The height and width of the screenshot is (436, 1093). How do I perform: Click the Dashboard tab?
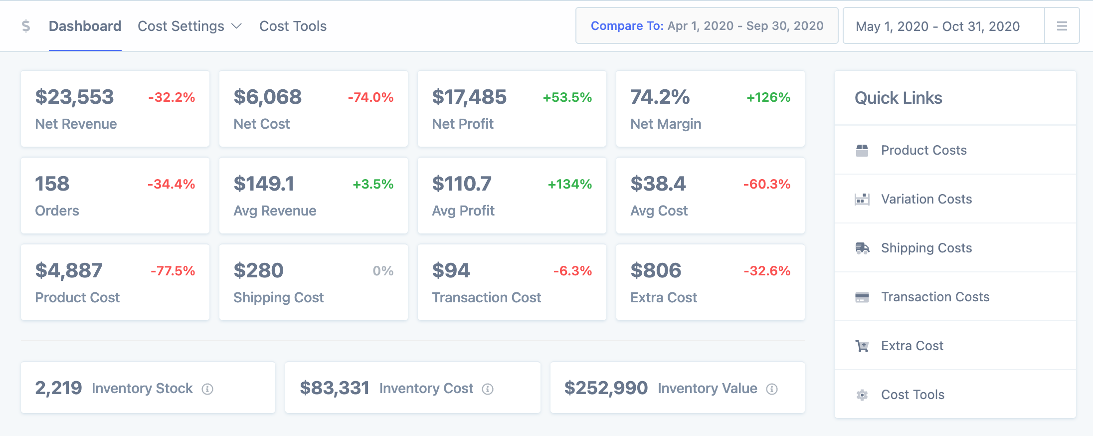coord(85,26)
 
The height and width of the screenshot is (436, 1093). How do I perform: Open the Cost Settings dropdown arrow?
coord(237,26)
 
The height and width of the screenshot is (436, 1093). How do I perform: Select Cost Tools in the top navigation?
coord(293,26)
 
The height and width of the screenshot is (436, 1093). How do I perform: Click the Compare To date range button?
coord(707,26)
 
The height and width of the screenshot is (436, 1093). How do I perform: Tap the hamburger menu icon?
coord(1062,26)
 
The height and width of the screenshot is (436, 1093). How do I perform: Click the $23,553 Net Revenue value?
coord(74,97)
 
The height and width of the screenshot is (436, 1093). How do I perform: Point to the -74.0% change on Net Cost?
coord(370,97)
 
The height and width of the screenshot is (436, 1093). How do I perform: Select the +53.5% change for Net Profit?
coord(567,97)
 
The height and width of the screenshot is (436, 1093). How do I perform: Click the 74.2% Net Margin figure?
coord(660,97)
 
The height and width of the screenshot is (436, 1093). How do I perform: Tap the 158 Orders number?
coord(52,184)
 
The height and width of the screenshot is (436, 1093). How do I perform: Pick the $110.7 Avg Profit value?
coord(462,184)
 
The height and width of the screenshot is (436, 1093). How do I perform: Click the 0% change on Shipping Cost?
coord(383,271)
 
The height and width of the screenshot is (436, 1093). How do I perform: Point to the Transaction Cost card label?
coord(486,297)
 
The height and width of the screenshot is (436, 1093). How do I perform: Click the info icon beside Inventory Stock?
coord(207,389)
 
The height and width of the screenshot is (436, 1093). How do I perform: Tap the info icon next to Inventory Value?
coord(772,389)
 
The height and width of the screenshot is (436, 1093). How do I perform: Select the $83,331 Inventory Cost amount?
coord(335,388)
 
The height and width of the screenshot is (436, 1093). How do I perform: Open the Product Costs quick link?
coord(923,150)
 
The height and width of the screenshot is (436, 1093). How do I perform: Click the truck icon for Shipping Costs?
coord(862,248)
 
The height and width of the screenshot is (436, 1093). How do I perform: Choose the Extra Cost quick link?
coord(912,346)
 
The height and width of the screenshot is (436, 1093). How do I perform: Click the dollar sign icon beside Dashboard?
coord(26,26)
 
